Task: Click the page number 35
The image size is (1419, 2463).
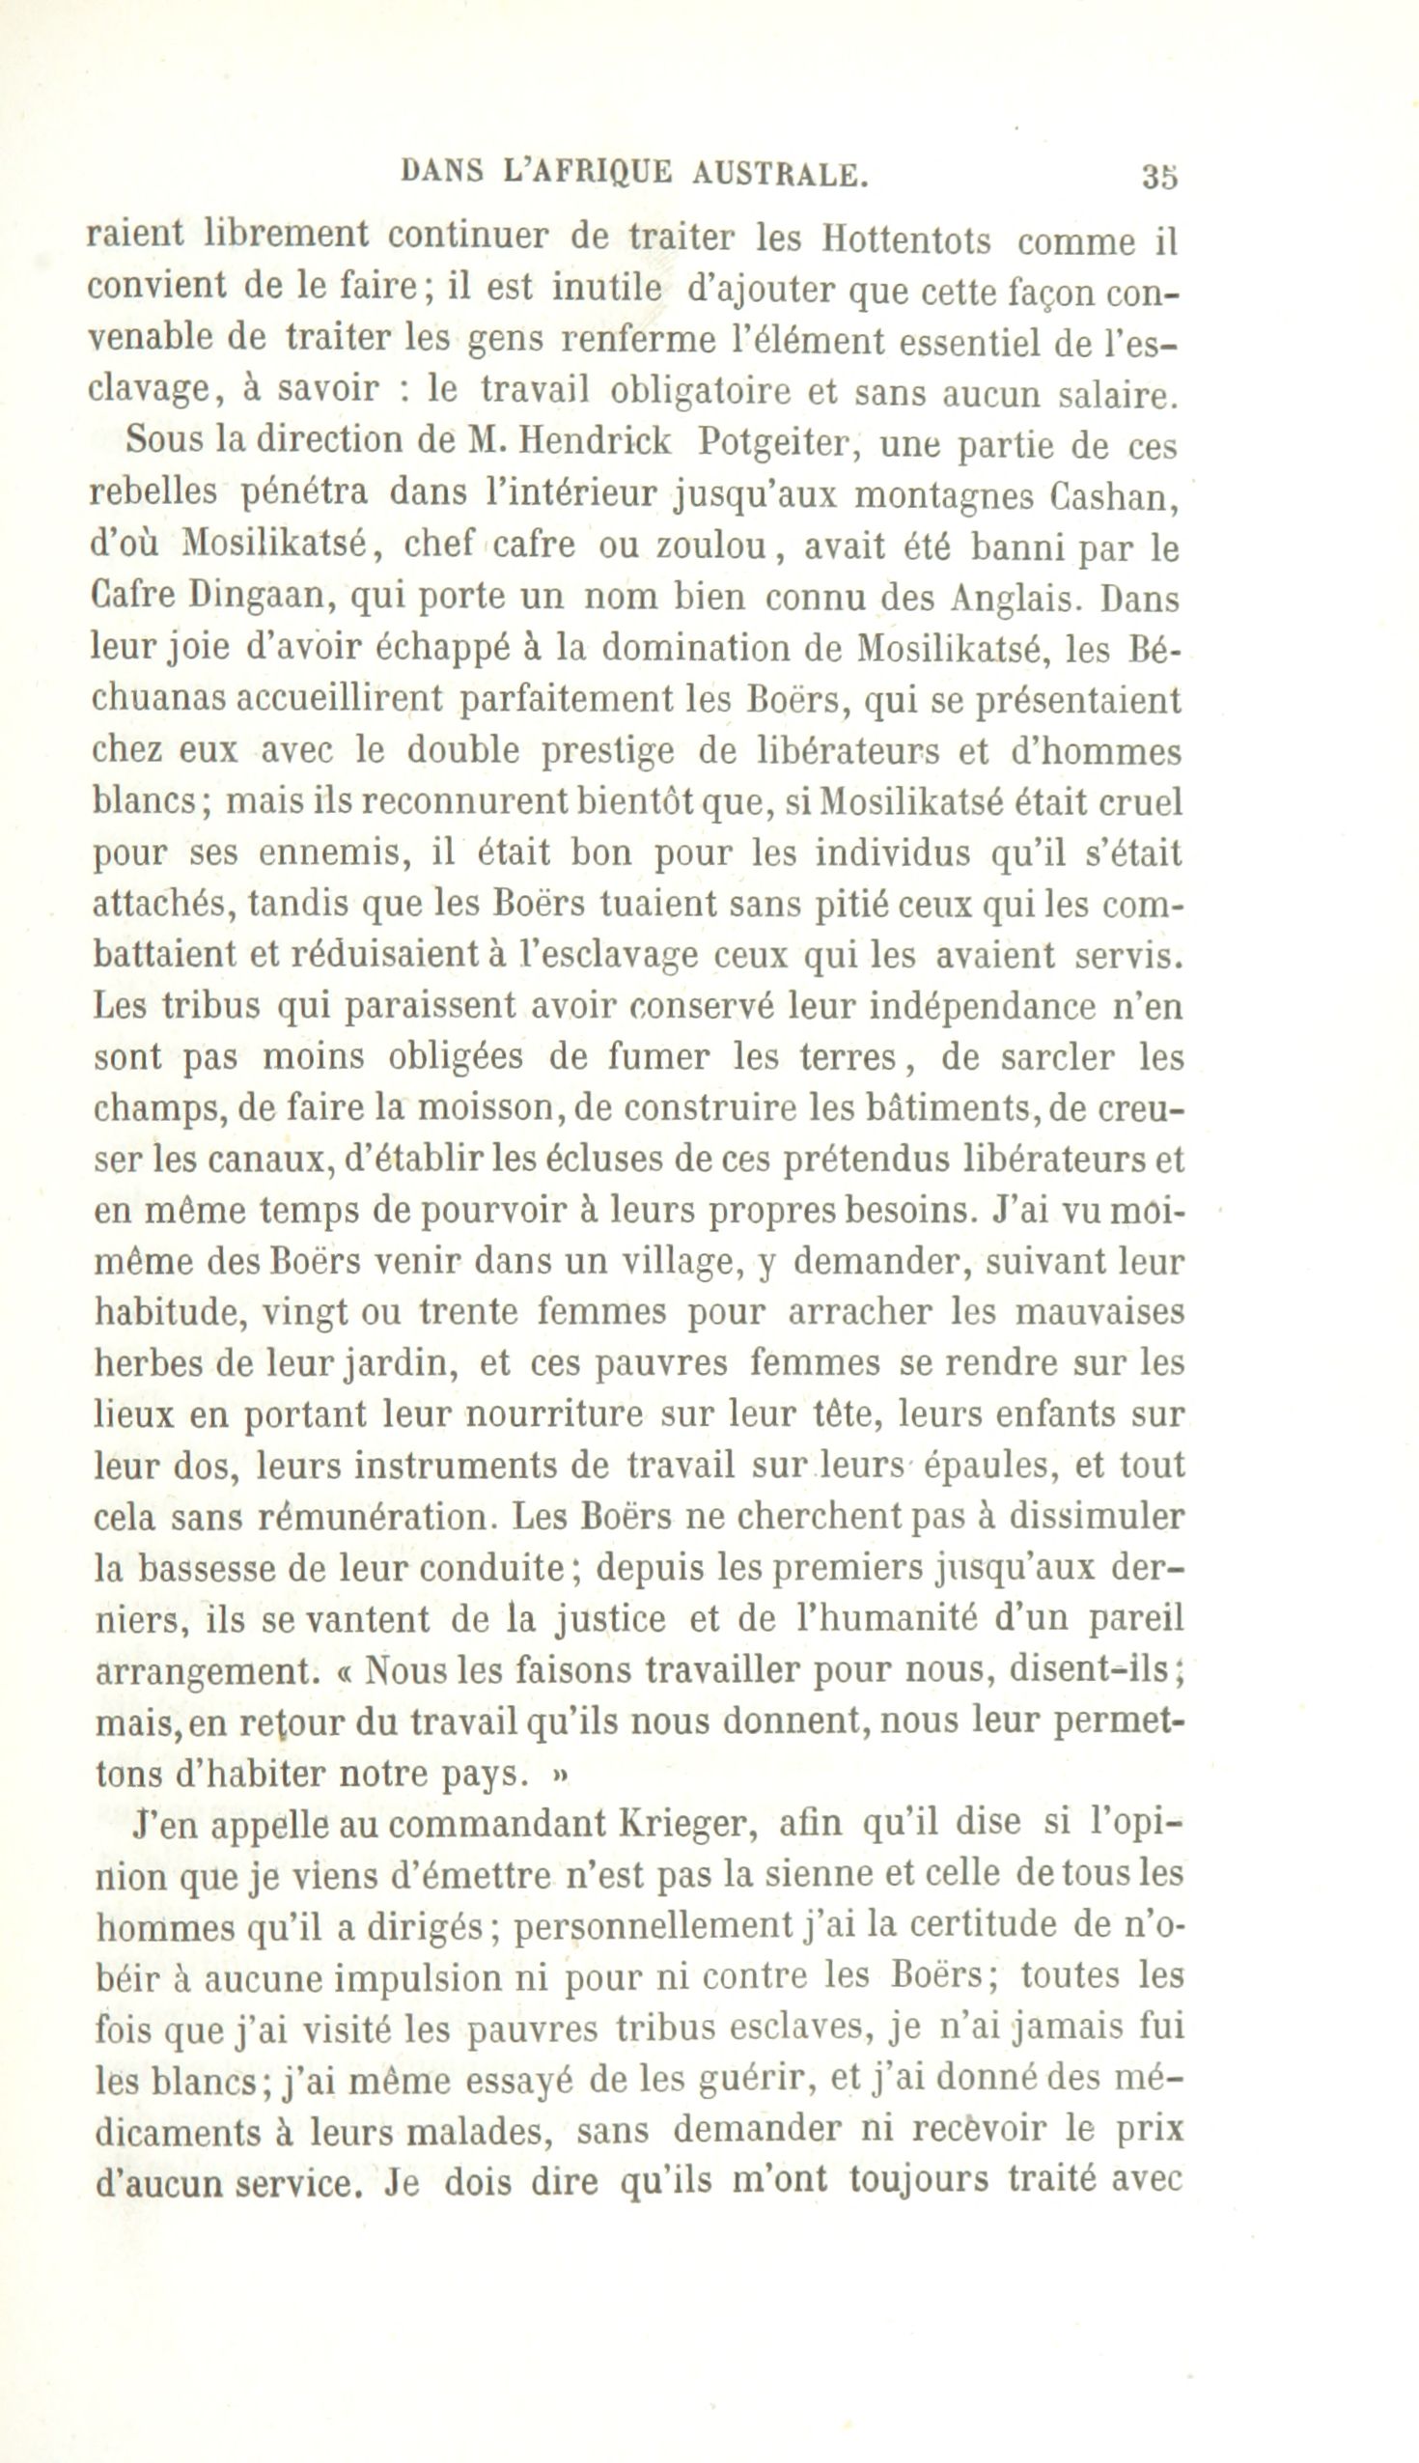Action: pyautogui.click(x=1158, y=177)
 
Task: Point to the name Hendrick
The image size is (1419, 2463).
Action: pyautogui.click(x=597, y=441)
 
